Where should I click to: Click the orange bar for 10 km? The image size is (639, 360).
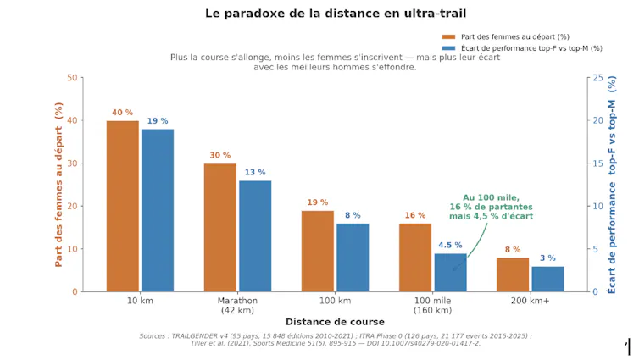click(123, 206)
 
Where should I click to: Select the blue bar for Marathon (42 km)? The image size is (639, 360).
click(255, 236)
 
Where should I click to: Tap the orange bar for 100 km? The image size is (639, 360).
click(318, 252)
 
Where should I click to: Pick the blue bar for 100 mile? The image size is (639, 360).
click(450, 273)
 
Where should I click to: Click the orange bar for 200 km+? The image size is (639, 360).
click(513, 274)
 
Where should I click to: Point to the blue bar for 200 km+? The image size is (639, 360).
click(547, 279)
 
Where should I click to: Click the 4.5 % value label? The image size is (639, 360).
click(450, 245)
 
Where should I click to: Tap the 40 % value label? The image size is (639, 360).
click(123, 113)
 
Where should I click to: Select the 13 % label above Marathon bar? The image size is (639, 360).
click(255, 172)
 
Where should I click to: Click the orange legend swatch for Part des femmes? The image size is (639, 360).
click(448, 36)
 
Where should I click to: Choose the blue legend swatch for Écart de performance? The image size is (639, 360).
click(448, 48)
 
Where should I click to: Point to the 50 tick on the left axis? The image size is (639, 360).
click(72, 77)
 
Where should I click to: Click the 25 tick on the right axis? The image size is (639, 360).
click(597, 77)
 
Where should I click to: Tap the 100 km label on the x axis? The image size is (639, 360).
click(335, 301)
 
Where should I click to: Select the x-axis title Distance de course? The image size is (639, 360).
click(335, 322)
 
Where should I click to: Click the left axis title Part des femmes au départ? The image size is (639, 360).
click(58, 185)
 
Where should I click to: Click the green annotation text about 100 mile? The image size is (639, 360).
click(491, 207)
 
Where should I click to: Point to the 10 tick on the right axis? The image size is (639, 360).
click(597, 206)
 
